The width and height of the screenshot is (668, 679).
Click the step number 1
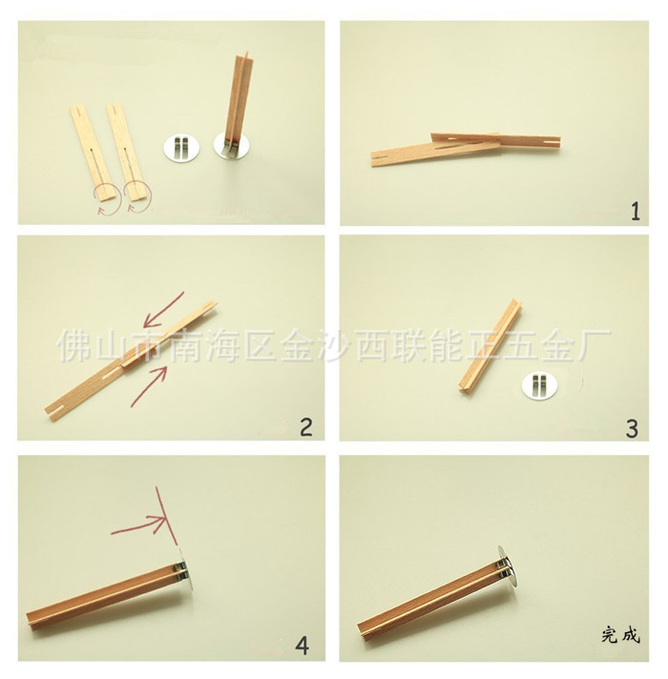point(635,212)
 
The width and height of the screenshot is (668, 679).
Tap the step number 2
point(305,426)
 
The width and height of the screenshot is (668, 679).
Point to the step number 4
point(302,646)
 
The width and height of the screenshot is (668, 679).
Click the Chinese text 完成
point(620,636)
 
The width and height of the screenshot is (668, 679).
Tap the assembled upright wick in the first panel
point(236,108)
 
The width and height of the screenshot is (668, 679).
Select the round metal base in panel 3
point(540,385)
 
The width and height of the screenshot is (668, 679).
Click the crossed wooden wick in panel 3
point(491,344)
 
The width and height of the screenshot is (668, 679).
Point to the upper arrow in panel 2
point(164,309)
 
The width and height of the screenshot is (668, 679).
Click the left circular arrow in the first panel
point(109,198)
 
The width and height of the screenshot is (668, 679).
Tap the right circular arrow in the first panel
point(138,197)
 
